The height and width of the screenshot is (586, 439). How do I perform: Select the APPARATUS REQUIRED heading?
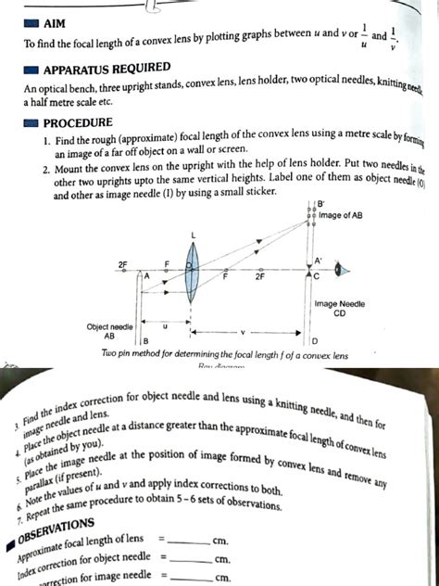(x=112, y=70)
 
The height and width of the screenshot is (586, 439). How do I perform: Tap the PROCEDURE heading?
(x=78, y=122)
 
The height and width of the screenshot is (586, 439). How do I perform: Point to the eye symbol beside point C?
(x=341, y=271)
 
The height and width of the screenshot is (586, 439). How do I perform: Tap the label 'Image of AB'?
(x=339, y=216)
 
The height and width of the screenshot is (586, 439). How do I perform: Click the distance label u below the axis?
(x=166, y=326)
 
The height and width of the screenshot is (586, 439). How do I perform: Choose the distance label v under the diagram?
(x=244, y=330)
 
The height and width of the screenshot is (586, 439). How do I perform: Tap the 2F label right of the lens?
(x=260, y=276)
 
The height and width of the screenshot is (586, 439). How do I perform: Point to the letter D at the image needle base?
(x=314, y=342)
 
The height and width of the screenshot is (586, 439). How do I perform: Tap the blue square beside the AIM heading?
(x=32, y=21)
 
